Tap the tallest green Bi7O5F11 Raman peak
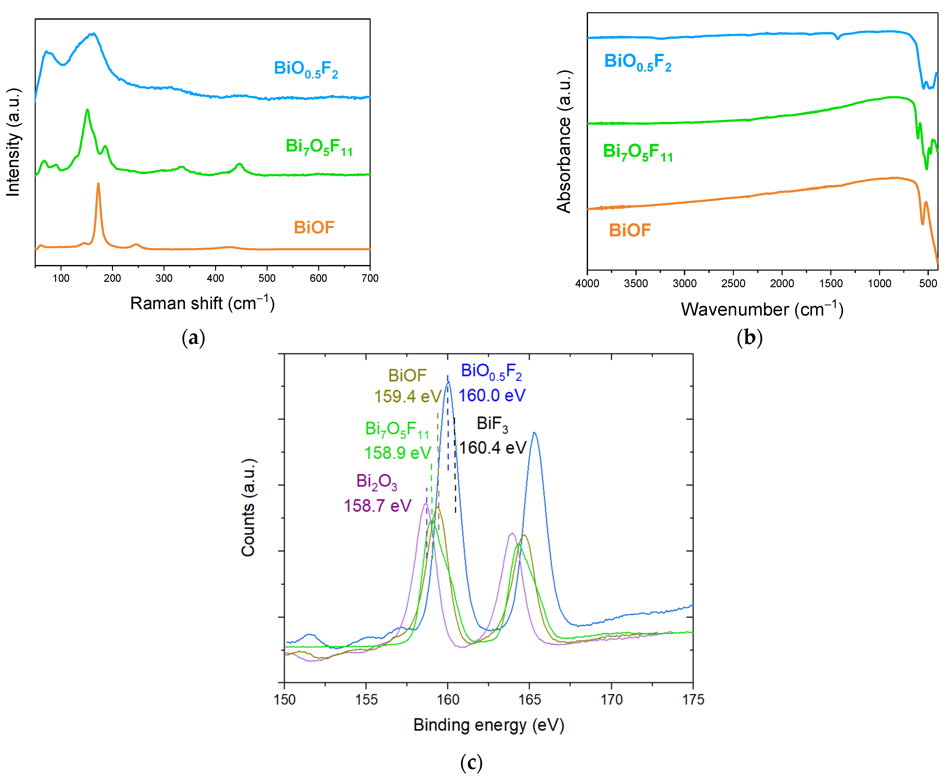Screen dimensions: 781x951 click(x=87, y=110)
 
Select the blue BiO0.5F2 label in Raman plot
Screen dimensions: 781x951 click(x=306, y=69)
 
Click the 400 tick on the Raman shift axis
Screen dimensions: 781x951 click(x=216, y=278)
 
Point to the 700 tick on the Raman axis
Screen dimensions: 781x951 click(x=370, y=278)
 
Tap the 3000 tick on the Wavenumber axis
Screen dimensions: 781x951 click(x=684, y=283)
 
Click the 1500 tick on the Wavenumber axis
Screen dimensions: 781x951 click(x=830, y=283)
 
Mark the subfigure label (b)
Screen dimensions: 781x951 click(x=749, y=337)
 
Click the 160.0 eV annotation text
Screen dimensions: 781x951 click(x=492, y=395)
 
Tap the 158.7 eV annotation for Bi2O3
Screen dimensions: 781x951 click(x=378, y=506)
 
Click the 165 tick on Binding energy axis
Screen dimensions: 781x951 click(x=530, y=700)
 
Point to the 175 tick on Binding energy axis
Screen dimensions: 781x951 click(x=693, y=700)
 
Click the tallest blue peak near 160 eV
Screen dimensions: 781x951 click(x=448, y=383)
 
